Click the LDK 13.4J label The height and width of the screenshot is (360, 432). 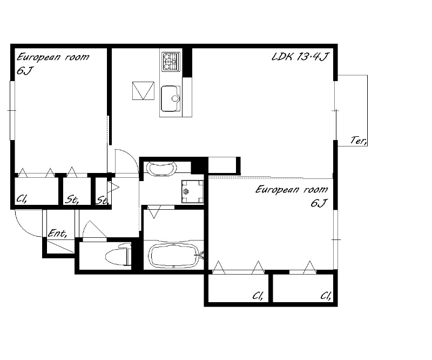tap(300, 57)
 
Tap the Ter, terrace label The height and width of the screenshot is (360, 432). tap(359, 141)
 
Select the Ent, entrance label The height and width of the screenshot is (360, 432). tap(57, 234)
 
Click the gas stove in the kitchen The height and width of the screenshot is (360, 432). tap(171, 62)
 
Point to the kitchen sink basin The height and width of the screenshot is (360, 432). tap(171, 98)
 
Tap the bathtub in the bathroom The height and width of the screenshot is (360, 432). tap(174, 256)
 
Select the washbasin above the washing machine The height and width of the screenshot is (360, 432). tap(161, 168)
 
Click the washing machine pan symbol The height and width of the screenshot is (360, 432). tap(193, 191)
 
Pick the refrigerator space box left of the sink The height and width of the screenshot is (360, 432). tap(143, 90)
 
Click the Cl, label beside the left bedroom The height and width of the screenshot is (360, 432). tap(22, 198)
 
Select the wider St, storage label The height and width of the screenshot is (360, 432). tap(72, 199)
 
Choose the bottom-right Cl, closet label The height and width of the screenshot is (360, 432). tap(326, 296)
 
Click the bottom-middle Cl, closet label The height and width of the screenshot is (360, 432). tap(258, 296)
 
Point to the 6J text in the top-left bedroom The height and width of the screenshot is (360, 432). tap(25, 71)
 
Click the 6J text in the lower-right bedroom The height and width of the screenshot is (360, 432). tap(319, 203)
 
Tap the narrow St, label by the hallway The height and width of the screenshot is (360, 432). tap(103, 201)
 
